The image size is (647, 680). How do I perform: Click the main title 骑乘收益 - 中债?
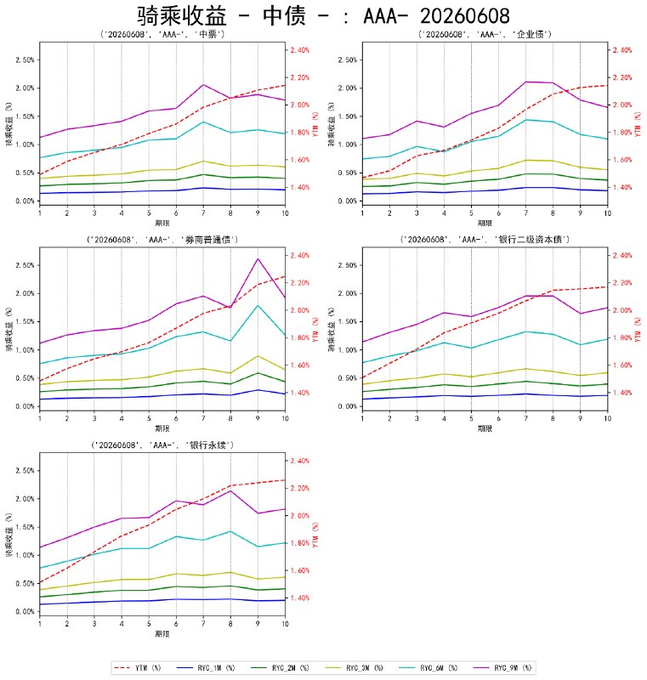point(323,16)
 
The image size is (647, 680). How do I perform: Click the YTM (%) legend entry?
point(138,668)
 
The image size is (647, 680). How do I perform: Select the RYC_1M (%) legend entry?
point(206,668)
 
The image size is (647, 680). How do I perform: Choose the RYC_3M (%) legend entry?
point(355,668)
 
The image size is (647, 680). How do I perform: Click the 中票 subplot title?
point(162,34)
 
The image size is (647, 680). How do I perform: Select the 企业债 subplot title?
point(485,34)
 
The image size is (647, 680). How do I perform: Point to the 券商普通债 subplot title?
point(162,240)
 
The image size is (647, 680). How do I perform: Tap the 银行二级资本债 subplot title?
point(485,240)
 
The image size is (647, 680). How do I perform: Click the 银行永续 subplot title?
point(162,445)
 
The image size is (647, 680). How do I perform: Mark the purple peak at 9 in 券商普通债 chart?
point(258,259)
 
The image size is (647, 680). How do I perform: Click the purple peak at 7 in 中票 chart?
point(203,84)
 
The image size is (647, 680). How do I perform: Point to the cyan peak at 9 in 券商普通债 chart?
point(258,305)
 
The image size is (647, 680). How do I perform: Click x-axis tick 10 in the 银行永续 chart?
point(285,624)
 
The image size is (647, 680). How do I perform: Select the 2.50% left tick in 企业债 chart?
point(347,59)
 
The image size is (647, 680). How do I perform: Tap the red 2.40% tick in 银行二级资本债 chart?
point(622,256)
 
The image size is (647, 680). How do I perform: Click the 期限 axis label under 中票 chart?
point(162,223)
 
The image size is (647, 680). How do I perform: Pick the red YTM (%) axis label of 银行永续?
point(315,535)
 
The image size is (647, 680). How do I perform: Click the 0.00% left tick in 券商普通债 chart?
point(25,406)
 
